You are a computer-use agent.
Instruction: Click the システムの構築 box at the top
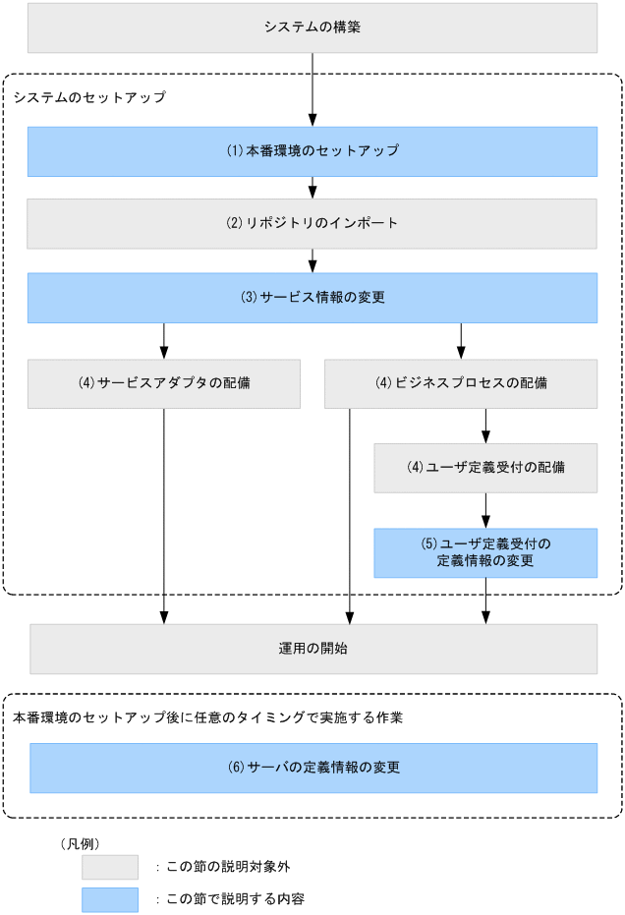coord(312,28)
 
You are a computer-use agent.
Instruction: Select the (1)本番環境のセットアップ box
coord(312,151)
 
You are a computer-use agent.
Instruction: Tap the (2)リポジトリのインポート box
coord(312,223)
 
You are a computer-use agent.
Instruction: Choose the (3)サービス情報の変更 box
coord(312,298)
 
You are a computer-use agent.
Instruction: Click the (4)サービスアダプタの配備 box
coord(163,383)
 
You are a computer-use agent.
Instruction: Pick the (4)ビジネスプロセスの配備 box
coord(461,383)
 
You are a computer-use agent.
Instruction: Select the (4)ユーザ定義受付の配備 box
coord(485,468)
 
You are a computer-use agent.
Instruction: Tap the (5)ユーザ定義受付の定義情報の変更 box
coord(485,552)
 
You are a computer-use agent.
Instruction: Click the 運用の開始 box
coord(312,649)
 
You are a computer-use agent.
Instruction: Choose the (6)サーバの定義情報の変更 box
coord(312,768)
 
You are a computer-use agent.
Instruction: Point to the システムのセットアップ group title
coord(89,97)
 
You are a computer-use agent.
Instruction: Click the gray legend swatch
coord(109,867)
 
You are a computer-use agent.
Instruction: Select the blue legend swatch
coord(109,899)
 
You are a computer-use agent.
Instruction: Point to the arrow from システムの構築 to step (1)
coord(312,88)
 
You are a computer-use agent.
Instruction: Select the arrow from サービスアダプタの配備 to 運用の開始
coord(163,511)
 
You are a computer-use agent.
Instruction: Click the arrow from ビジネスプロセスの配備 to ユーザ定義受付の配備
coord(485,425)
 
